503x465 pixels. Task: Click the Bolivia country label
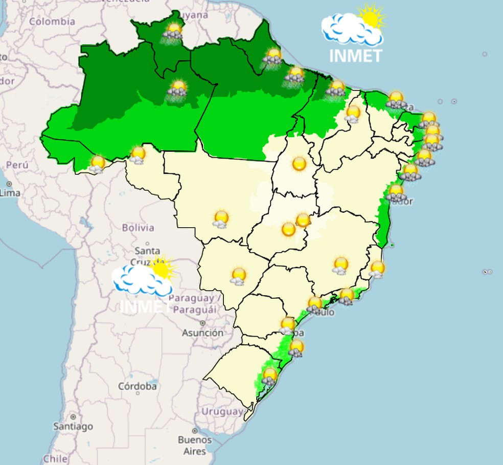[138, 228]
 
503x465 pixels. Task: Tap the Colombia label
[52, 21]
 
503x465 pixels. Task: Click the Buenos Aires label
[195, 445]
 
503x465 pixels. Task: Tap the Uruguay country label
[222, 411]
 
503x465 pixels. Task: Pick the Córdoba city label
[138, 386]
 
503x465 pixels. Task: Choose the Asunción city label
[203, 333]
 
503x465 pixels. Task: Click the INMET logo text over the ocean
[356, 55]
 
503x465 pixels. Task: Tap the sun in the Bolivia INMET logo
[162, 269]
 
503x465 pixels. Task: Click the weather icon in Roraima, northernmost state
[173, 32]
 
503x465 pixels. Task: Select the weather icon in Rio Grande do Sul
[269, 377]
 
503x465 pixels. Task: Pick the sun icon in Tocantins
[299, 164]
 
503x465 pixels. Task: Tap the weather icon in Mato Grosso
[221, 219]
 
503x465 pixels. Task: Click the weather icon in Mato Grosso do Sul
[238, 276]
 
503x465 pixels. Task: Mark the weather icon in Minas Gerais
[340, 265]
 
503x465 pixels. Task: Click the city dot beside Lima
[9, 184]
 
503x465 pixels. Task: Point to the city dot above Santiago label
[73, 417]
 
